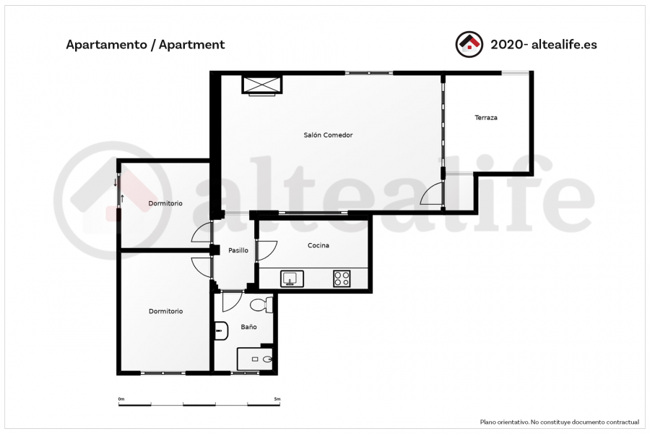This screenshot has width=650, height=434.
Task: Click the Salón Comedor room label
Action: click(328, 135)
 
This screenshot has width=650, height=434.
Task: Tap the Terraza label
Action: click(486, 117)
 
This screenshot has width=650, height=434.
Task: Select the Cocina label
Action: click(318, 245)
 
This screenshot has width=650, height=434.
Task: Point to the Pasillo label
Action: click(238, 250)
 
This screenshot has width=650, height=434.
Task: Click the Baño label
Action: click(248, 327)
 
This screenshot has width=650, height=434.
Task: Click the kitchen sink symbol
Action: click(292, 278)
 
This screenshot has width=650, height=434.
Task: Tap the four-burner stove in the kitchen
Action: click(342, 278)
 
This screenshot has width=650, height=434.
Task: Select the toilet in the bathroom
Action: click(261, 305)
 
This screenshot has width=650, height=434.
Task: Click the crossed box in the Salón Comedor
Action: click(261, 85)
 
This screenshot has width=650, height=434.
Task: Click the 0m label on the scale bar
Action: click(121, 399)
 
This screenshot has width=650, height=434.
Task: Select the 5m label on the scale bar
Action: click(277, 399)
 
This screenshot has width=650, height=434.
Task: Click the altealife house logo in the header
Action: click(469, 44)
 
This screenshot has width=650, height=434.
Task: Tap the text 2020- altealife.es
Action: click(543, 44)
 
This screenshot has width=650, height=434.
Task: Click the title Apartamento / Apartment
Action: click(145, 44)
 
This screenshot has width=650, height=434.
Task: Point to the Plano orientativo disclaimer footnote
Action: click(560, 422)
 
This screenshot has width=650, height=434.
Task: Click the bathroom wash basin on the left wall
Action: click(221, 331)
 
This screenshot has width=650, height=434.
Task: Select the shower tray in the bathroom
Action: click(254, 359)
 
